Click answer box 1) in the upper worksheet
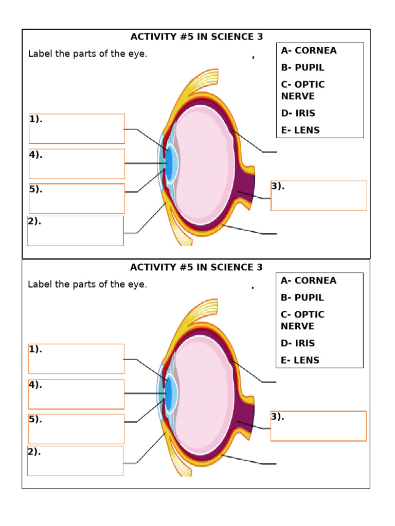click(77, 128)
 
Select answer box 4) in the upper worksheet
click(77, 164)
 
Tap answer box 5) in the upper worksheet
click(77, 198)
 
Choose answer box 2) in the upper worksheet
click(76, 231)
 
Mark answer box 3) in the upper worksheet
click(319, 196)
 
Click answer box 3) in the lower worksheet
click(318, 426)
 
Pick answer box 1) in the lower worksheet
click(76, 359)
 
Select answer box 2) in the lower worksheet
click(75, 461)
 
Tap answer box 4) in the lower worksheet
click(76, 394)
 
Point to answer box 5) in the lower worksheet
click(76, 429)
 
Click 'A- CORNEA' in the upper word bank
click(309, 50)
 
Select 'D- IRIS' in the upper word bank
click(298, 113)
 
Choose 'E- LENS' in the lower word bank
click(300, 360)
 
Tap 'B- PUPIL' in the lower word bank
click(302, 297)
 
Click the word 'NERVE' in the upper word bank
click(298, 96)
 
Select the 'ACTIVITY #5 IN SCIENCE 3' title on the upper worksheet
click(196, 36)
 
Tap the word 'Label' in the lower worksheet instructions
click(39, 284)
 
